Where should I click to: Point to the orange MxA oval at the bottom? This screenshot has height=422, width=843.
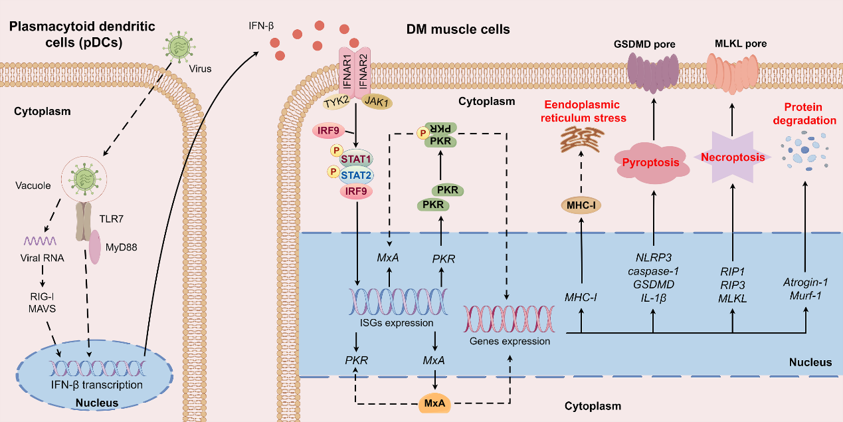[x=434, y=402]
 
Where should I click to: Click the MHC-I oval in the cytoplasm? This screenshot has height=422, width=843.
[x=581, y=205]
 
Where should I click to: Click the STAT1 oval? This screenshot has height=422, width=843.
[x=357, y=159]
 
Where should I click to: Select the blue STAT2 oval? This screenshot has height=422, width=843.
[x=357, y=175]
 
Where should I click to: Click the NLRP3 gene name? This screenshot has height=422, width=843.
[x=654, y=257]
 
